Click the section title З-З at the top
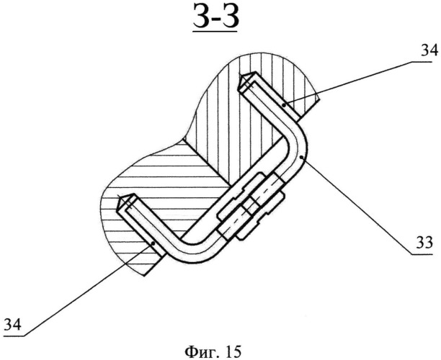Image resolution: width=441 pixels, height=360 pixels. pos(216,16)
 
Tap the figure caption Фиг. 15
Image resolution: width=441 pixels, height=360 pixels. pos(213,351)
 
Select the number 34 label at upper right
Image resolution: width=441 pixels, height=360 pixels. pos(429,51)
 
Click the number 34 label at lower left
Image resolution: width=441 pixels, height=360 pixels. pos(12,325)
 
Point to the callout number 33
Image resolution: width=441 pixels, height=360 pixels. pos(424,243)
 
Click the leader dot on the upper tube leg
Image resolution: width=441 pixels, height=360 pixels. pos(284,105)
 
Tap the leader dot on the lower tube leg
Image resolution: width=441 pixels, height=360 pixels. pos(153,243)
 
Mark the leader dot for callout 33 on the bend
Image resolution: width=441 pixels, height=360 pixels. pos(301,158)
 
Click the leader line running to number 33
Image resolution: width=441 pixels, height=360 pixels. pos(357,206)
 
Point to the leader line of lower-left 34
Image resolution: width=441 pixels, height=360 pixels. pos(88,289)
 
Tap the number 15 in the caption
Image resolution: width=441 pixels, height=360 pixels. pos(233,351)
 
